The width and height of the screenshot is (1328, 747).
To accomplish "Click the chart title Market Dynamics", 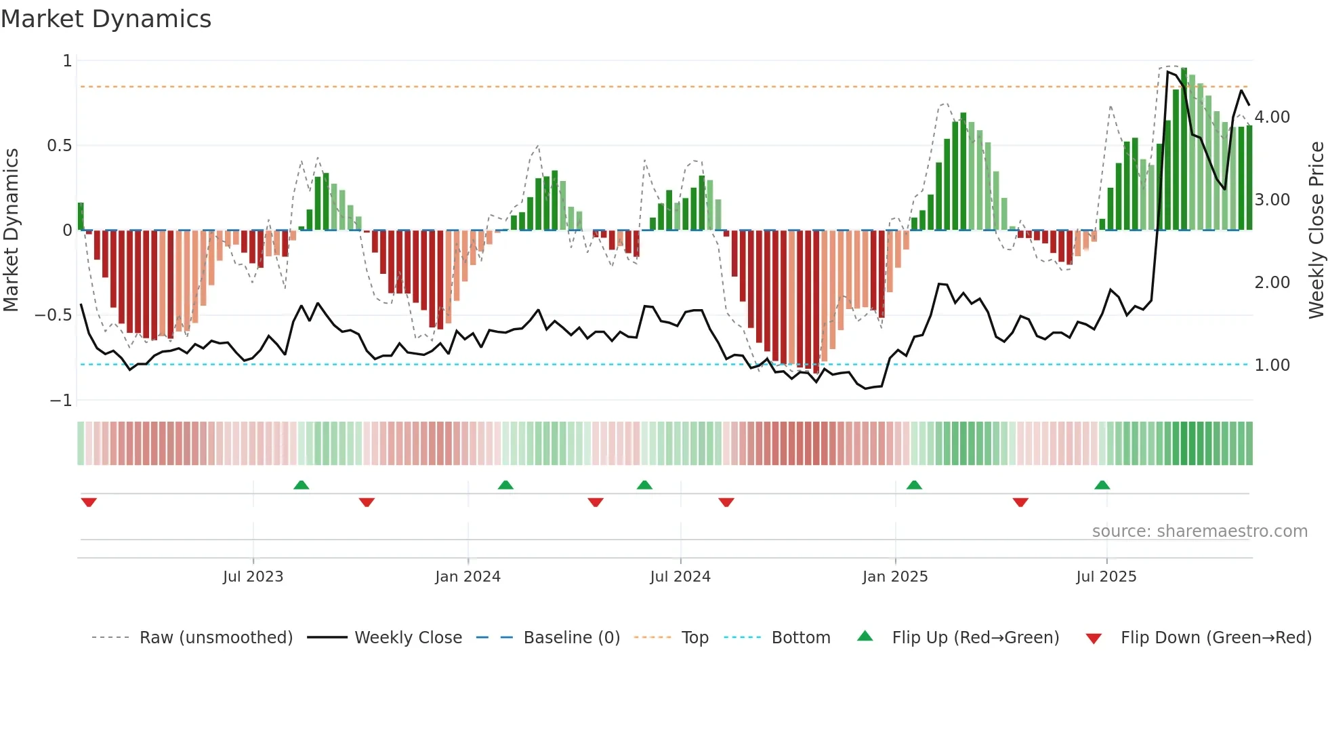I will pos(106,19).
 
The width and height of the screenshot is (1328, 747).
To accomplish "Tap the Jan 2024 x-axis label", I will pos(468,577).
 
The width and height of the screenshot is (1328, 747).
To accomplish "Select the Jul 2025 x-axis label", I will pos(1106,577).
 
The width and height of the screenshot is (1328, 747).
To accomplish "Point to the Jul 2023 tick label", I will pos(253,577).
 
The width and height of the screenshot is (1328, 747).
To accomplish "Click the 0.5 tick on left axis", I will pos(59,146).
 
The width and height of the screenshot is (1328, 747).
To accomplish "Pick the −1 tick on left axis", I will pos(61,401).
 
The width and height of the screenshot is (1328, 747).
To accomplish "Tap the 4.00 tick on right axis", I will pos(1272,117).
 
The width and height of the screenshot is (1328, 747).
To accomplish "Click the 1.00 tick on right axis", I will pos(1272,365).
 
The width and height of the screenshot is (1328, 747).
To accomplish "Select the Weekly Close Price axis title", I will pos(1316,230).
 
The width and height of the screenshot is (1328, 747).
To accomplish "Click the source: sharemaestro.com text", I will pos(1199,531).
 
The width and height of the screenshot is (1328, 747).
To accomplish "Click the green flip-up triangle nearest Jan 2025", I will pos(914,485).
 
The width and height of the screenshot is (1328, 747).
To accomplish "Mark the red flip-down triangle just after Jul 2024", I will pos(726,502).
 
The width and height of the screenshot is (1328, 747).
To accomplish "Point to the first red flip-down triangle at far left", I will pos(89,502).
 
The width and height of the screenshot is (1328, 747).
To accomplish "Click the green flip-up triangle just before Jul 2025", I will pos(1102,485).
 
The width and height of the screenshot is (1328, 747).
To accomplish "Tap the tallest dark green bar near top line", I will pos(1184,149).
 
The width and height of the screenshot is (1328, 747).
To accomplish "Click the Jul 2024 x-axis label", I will pos(680,577).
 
